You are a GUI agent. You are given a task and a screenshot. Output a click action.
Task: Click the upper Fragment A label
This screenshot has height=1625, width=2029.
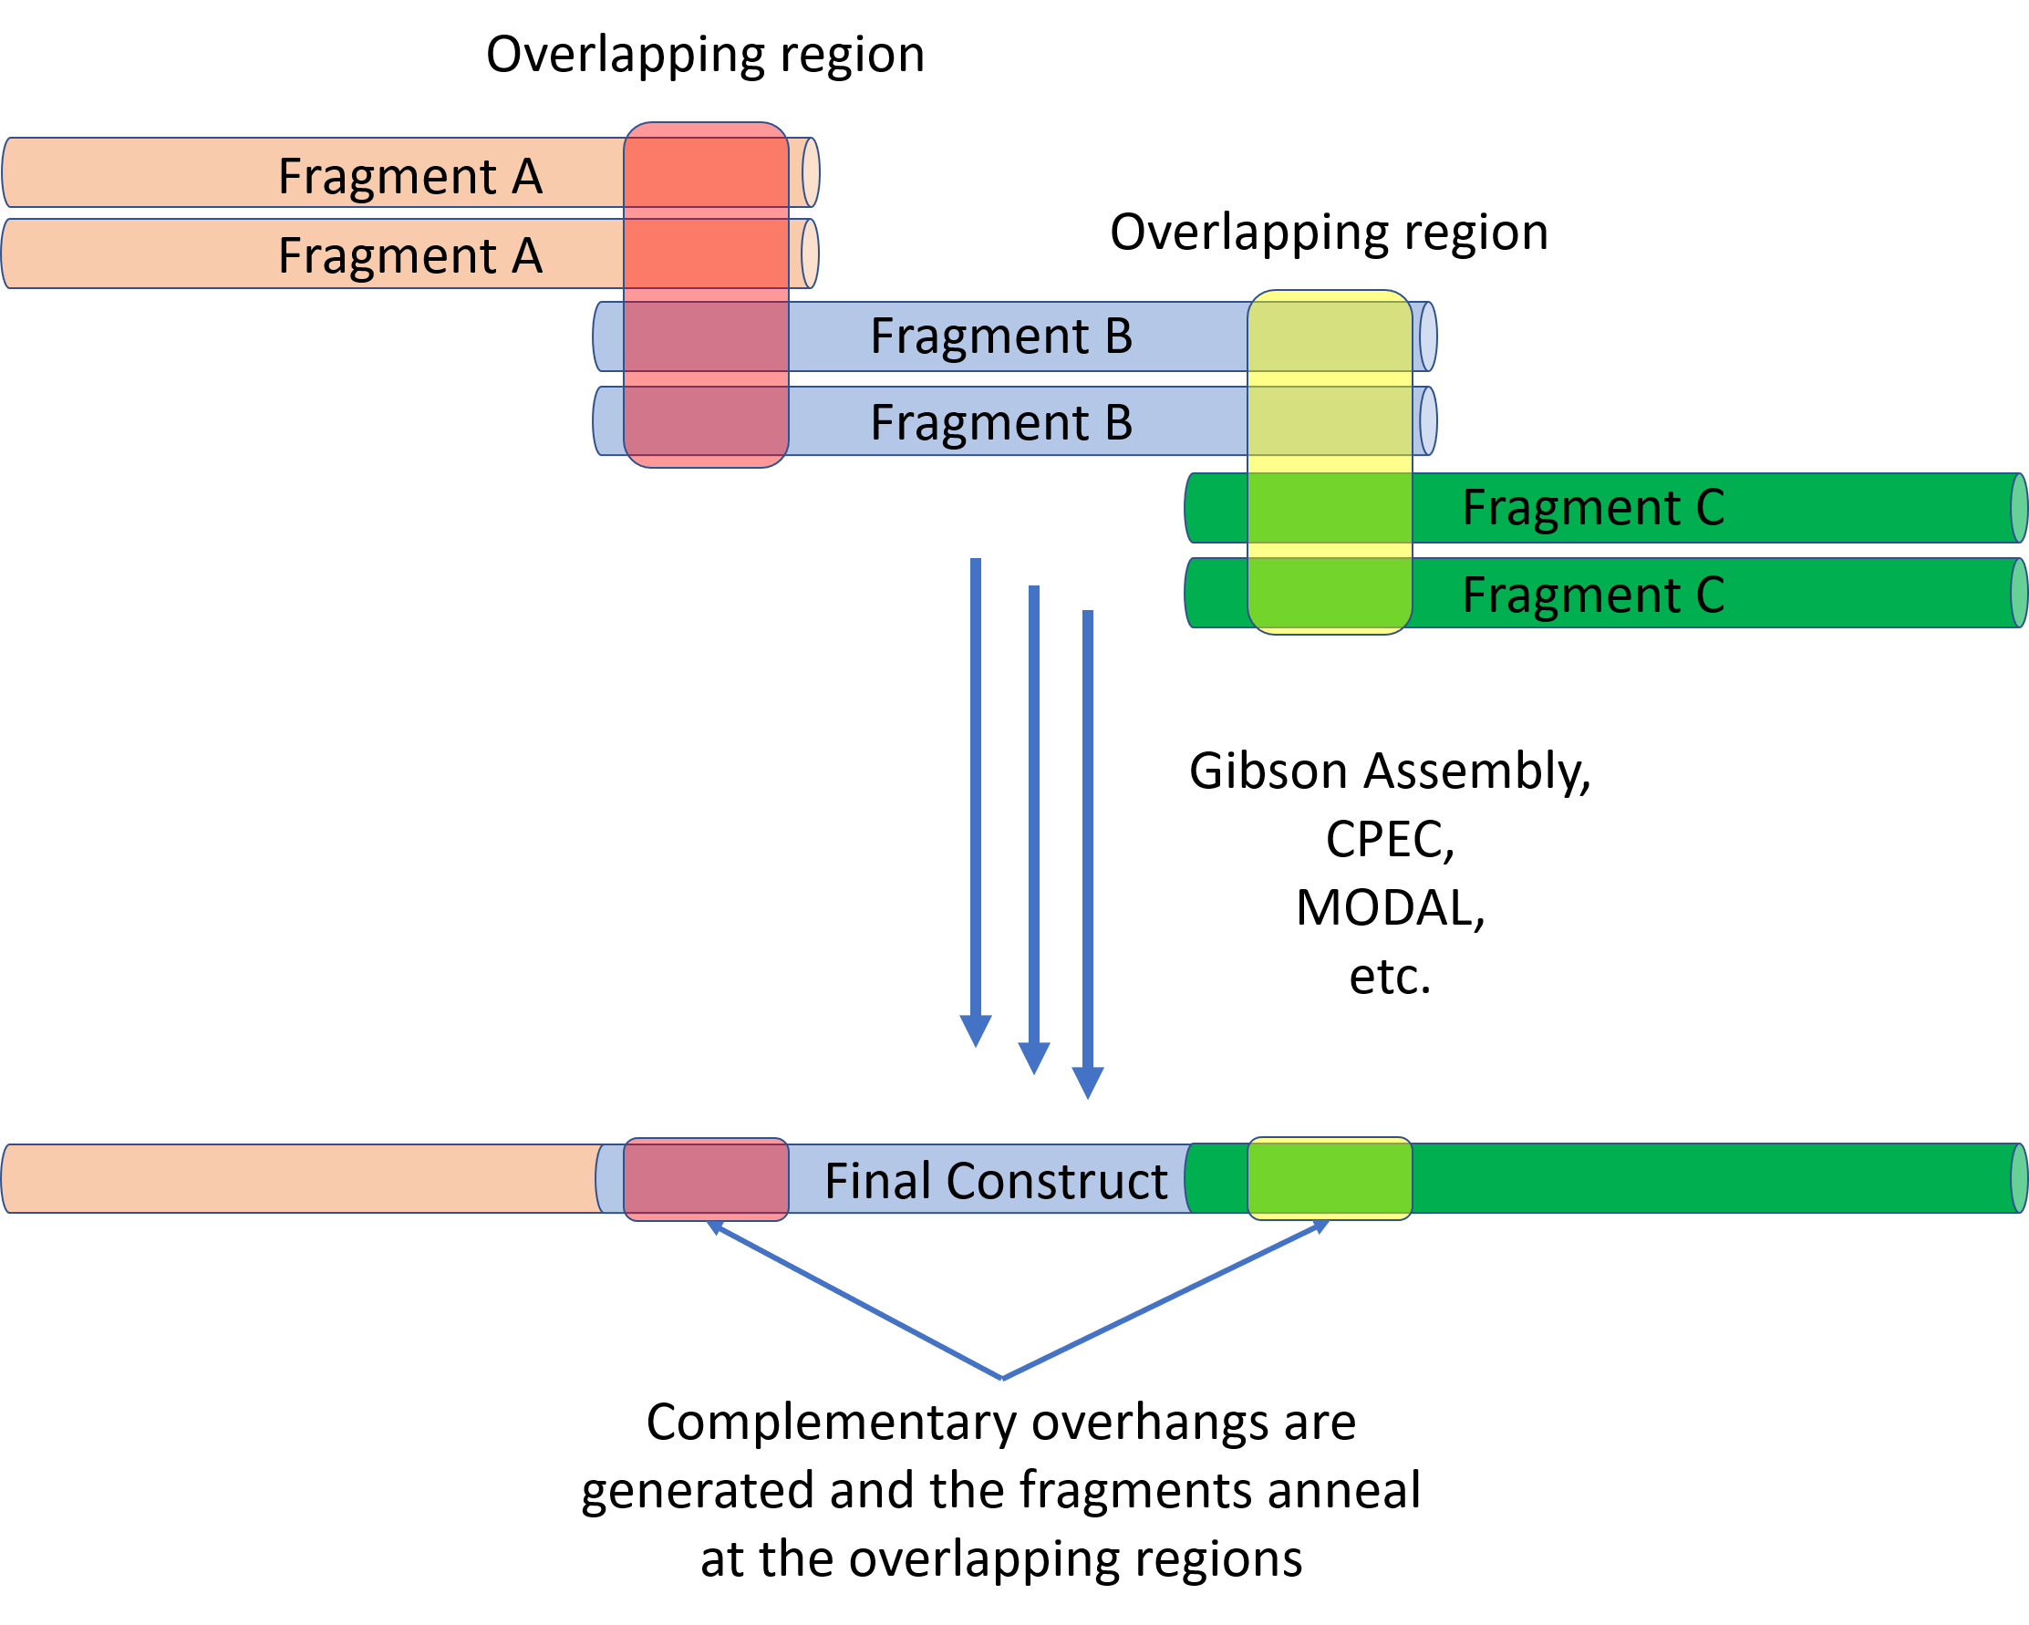coord(410,176)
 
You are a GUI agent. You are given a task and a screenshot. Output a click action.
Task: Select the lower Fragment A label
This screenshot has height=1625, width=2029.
coord(410,256)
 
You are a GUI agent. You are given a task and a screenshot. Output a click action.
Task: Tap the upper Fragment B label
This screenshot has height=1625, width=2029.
coord(1001,336)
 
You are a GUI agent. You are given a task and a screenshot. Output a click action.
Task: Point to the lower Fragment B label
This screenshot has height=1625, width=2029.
coord(1001,421)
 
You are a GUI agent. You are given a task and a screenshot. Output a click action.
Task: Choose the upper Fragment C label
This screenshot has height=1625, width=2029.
coord(1593,508)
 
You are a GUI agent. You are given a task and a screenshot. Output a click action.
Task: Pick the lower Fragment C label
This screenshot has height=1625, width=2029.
coord(1593,595)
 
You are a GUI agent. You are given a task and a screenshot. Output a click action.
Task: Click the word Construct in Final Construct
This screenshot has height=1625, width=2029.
coord(1057,1181)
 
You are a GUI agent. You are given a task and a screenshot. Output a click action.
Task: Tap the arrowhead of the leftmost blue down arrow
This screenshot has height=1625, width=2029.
coord(976,1031)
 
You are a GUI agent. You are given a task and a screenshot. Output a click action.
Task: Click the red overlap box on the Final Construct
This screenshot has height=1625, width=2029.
coord(706,1179)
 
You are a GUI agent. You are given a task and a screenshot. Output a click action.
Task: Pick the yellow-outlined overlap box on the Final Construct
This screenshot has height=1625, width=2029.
coord(1330,1178)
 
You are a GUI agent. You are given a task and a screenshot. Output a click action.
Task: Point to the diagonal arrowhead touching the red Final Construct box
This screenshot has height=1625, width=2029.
coord(714,1227)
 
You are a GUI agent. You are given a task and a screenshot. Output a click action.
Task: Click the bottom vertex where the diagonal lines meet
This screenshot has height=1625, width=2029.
coord(1003,1380)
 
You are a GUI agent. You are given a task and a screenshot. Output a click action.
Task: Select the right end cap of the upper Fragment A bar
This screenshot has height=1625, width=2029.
coord(811,172)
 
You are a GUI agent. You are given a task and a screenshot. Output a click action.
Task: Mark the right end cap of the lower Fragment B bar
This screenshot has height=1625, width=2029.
coord(1428,421)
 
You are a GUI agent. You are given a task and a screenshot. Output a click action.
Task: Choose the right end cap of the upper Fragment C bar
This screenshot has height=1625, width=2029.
coord(2019,508)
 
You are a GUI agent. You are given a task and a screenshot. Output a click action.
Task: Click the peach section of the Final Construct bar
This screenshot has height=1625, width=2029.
coord(301,1179)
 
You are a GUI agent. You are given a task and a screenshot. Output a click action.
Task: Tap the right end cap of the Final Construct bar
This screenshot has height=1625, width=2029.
coord(2019,1178)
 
